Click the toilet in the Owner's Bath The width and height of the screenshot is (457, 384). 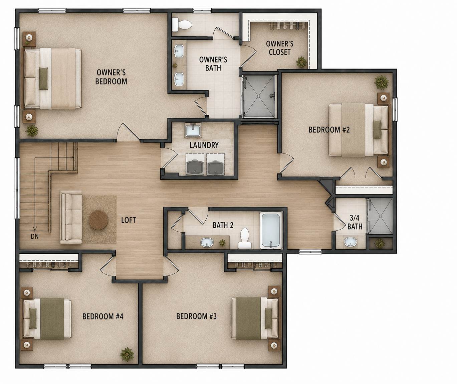pyautogui.click(x=182, y=24)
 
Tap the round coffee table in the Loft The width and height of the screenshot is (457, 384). pyautogui.click(x=98, y=220)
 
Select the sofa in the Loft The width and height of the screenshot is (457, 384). pyautogui.click(x=71, y=217)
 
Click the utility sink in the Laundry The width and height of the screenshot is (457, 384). pyautogui.click(x=193, y=130)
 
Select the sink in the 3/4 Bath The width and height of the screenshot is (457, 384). pyautogui.click(x=350, y=242)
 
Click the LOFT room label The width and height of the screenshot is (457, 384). pyautogui.click(x=129, y=220)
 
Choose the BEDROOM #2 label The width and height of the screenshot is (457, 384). pyautogui.click(x=329, y=130)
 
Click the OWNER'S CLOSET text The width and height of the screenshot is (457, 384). pyautogui.click(x=280, y=48)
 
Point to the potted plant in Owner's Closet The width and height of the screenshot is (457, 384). pyautogui.click(x=301, y=62)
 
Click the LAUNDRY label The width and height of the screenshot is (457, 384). pyautogui.click(x=204, y=145)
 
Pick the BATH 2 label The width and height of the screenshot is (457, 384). pyautogui.click(x=223, y=225)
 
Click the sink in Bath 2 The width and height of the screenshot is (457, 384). pyautogui.click(x=207, y=243)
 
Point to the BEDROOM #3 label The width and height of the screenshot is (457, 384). pyautogui.click(x=197, y=316)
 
